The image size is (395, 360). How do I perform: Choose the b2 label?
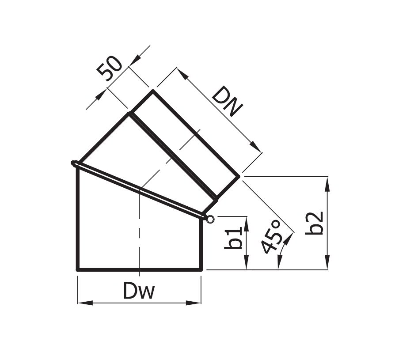(x=315, y=223)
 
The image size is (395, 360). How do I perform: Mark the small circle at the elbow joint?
(x=210, y=219)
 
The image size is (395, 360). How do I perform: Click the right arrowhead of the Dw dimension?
(x=194, y=303)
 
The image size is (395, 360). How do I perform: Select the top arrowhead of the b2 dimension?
(x=327, y=183)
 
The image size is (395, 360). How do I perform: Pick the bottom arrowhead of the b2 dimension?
(x=327, y=263)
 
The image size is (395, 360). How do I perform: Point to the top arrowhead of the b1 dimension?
(x=247, y=223)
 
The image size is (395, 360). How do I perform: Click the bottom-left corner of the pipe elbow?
(x=78, y=269)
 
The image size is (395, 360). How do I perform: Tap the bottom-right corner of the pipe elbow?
(x=201, y=269)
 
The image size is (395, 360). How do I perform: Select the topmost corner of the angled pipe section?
(x=153, y=91)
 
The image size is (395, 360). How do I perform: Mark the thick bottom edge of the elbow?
(x=139, y=269)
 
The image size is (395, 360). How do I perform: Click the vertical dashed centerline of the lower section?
(x=139, y=230)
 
